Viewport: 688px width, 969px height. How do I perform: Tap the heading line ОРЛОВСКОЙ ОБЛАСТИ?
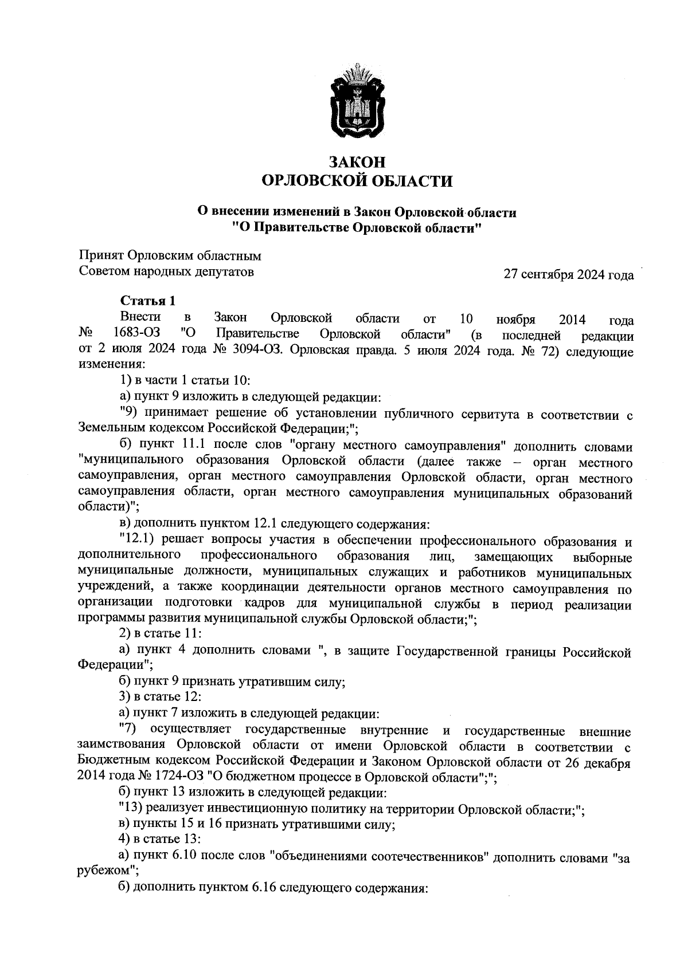tap(357, 182)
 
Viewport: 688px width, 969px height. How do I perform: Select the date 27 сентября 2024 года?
tap(568, 275)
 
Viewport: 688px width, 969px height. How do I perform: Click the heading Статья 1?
tap(147, 301)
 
